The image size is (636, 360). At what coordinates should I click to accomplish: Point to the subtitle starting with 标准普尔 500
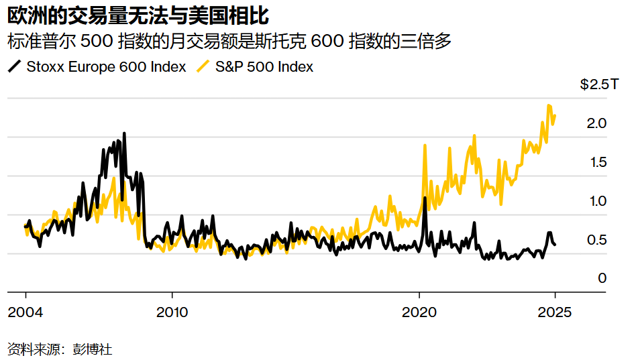click(229, 41)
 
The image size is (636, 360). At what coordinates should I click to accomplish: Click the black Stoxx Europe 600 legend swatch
click(14, 66)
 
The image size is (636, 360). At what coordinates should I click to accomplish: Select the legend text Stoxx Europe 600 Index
click(106, 67)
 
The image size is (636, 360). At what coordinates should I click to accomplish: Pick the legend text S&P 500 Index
click(264, 67)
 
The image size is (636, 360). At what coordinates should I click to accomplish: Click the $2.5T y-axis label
click(594, 84)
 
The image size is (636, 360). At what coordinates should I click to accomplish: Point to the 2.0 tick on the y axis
click(596, 123)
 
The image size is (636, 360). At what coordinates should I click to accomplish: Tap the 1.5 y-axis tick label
click(596, 162)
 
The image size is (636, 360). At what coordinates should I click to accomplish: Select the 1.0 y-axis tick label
click(596, 201)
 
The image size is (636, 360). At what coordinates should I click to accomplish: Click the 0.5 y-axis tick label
click(596, 240)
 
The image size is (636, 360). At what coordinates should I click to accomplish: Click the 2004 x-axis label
click(25, 312)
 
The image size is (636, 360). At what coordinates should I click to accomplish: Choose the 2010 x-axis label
click(172, 312)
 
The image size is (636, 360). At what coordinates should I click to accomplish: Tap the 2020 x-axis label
click(419, 312)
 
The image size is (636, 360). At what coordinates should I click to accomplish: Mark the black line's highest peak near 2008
click(124, 134)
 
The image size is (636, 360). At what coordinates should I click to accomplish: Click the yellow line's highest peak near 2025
click(549, 105)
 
